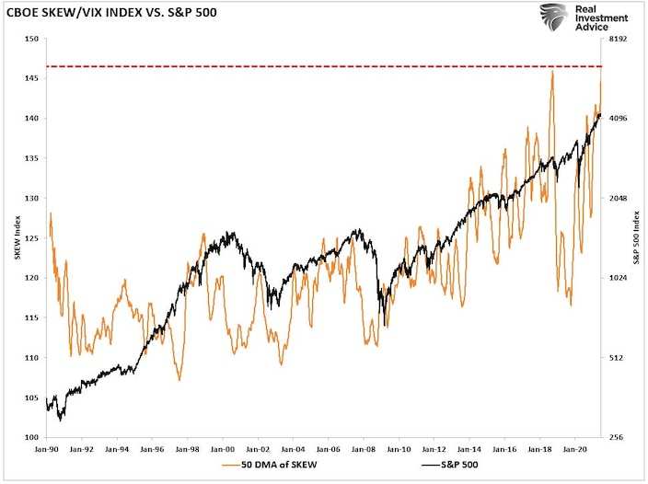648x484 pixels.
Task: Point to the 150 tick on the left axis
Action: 32,40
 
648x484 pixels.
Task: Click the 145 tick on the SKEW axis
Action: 32,79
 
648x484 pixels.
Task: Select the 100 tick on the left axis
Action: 32,437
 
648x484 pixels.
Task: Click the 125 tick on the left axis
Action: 32,238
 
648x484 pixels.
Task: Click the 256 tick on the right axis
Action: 616,437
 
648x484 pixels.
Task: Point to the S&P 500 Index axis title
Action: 634,238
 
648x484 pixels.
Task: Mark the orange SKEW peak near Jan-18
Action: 551,73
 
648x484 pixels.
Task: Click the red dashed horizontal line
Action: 322,67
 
